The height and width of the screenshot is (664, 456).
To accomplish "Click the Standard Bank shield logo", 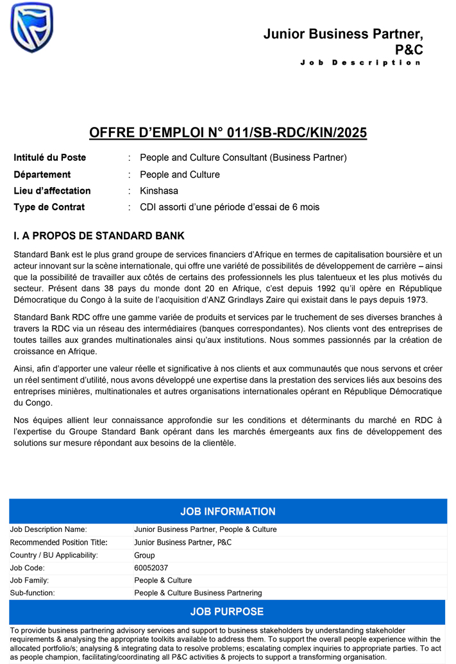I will tap(32, 27).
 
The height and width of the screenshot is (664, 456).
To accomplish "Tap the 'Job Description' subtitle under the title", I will tap(361, 63).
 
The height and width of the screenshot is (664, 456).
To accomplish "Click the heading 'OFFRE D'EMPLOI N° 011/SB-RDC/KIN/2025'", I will tap(228, 133).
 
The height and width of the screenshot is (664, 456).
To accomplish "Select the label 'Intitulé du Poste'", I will tap(50, 158).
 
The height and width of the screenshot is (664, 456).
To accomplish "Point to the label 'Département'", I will tap(42, 174).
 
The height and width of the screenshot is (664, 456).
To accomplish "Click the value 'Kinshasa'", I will tap(159, 191).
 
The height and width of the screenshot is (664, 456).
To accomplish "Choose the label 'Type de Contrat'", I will tap(49, 207).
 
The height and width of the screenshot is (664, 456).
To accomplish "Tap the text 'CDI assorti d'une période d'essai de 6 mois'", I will tap(230, 207).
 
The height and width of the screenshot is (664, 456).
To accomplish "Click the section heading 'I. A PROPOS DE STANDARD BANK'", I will tap(99, 236).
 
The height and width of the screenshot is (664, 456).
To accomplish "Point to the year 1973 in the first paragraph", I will tap(415, 300).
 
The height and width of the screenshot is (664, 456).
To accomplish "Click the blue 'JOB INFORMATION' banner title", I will tap(228, 511).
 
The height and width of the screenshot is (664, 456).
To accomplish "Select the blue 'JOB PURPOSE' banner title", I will tap(227, 611).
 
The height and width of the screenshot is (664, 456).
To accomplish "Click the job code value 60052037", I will tap(151, 568).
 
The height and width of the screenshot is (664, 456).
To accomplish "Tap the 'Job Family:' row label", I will tap(30, 581).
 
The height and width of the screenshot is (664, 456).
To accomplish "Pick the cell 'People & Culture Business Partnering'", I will tap(198, 593).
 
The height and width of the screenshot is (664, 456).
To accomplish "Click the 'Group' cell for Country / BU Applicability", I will tap(144, 555).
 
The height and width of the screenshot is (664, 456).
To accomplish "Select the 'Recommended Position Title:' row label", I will tap(59, 542).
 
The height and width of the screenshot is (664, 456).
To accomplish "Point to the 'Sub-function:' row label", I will tap(33, 593).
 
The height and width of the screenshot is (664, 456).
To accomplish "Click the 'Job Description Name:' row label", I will tap(49, 529).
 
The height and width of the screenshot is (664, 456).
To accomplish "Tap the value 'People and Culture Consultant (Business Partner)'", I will tap(243, 158).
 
